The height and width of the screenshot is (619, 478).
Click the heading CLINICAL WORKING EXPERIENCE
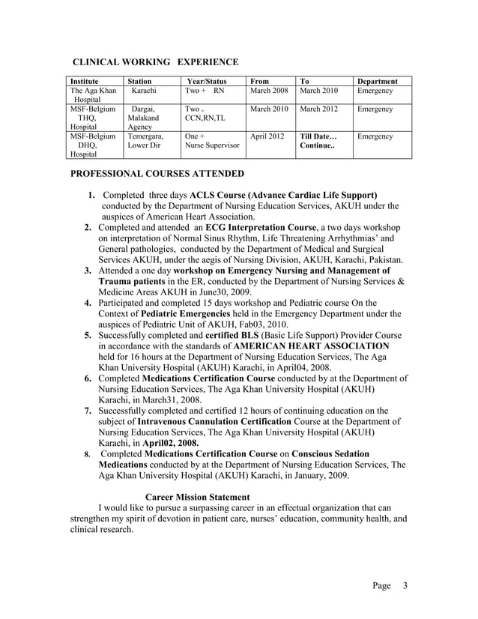click(154, 61)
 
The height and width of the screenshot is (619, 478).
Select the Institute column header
click(83, 81)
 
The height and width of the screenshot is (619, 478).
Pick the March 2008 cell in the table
click(269, 91)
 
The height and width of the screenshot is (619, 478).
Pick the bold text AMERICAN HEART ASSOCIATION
click(312, 346)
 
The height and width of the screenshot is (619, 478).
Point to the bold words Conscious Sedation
click(330, 454)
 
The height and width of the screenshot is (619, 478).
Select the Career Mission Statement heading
click(197, 496)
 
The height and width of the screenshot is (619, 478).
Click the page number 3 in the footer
click(405, 585)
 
